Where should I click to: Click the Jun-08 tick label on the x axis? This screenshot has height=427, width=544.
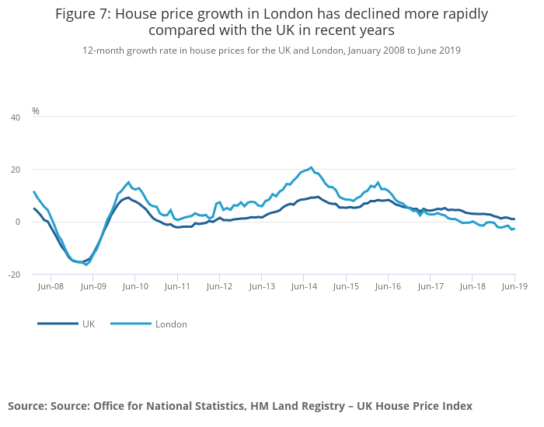coord(51,287)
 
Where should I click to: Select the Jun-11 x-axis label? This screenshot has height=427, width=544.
coord(177,287)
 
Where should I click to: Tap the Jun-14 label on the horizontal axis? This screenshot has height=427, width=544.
coord(304,287)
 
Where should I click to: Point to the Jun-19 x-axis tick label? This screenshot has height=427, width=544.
coord(514,287)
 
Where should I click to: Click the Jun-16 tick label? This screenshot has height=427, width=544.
coord(388,287)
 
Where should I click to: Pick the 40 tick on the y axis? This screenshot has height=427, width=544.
coord(15,117)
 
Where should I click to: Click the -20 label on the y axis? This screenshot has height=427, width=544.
coord(13,275)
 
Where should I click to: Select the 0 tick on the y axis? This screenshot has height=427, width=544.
coord(17,222)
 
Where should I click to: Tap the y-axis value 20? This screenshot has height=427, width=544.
coord(15,170)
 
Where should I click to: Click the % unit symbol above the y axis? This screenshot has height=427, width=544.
coord(36,111)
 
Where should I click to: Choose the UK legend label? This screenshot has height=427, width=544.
coord(89,324)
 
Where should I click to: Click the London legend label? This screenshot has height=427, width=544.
coord(171,324)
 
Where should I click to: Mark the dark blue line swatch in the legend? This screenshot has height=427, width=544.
coord(57,324)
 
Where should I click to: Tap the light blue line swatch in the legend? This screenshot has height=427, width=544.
coord(130,324)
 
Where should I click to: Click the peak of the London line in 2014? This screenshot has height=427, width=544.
coord(312,167)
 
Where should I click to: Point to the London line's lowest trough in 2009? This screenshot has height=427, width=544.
coord(86,264)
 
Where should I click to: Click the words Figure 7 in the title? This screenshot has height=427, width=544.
coord(81,14)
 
